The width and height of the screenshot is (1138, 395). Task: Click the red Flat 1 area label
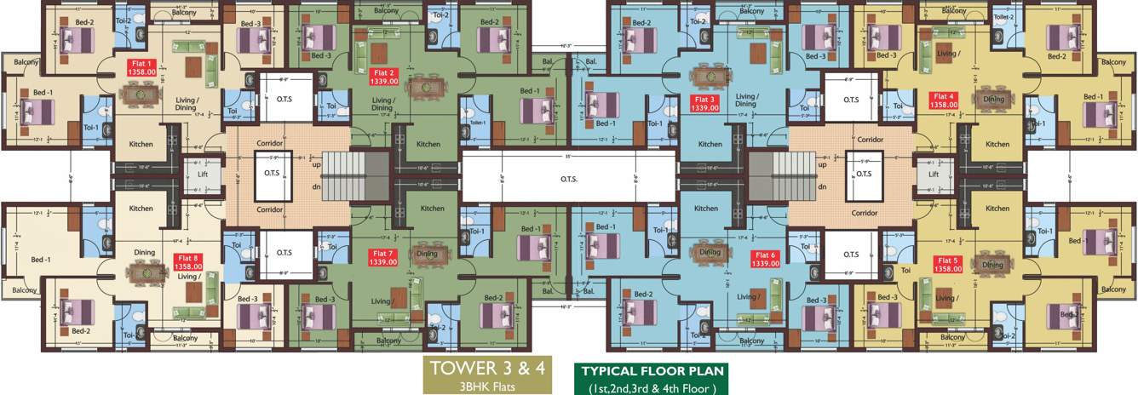point(141,67)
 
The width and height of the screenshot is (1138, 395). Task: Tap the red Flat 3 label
point(704,103)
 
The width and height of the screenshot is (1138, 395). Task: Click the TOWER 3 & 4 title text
point(487,369)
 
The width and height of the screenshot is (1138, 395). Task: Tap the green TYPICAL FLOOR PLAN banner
point(652,371)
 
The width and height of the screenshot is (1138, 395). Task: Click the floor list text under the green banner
point(652,388)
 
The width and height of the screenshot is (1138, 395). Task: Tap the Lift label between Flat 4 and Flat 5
point(934,174)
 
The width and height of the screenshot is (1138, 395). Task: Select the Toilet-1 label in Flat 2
point(477,123)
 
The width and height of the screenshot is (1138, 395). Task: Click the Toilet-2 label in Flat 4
point(1003,16)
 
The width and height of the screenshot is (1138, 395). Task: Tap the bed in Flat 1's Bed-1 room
point(36,112)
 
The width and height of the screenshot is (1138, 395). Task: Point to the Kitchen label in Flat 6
point(706,209)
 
